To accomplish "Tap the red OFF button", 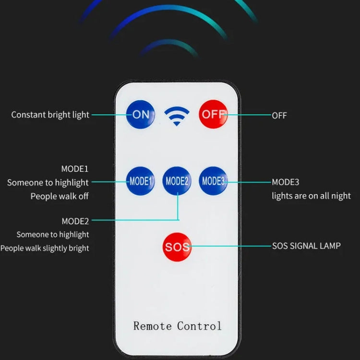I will (213, 114).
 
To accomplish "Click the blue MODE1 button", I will (140, 181).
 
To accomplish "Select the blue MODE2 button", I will (177, 181).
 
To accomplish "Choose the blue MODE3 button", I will (213, 181).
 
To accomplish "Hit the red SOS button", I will (177, 247).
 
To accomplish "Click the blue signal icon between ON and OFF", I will (177, 116).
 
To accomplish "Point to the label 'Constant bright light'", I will (50, 115).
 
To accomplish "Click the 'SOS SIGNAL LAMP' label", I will (306, 246).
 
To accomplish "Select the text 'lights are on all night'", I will (311, 196).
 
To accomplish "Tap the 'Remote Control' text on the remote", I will (178, 326).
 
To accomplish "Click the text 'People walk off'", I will (60, 196).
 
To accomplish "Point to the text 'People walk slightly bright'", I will (45, 248).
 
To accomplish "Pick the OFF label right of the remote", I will (279, 116).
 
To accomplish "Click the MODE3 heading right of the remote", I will (286, 182).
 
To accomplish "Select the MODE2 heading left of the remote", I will (75, 221).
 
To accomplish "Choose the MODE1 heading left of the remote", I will (75, 169).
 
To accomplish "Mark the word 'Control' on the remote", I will (199, 326).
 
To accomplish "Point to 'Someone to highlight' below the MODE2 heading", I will (53, 235).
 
